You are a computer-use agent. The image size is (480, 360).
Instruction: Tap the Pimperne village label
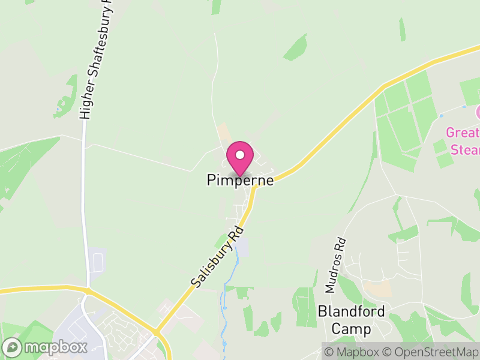coord(240,180)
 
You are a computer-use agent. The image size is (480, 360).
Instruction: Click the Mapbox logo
coord(45,347)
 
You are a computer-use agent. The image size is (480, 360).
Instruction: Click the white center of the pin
coord(240,155)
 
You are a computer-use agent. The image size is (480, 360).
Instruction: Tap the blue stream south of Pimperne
coord(226,300)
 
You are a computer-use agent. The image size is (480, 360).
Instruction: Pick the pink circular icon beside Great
coord(478,112)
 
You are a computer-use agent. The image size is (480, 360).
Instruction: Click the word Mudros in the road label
coord(332,275)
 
